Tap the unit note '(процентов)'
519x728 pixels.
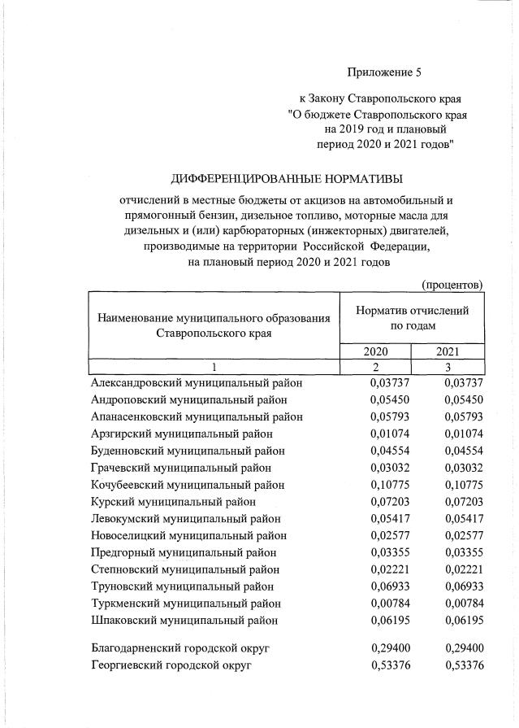pyautogui.click(x=452, y=284)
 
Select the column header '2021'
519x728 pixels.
pyautogui.click(x=448, y=351)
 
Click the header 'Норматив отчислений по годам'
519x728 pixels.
pyautogui.click(x=412, y=317)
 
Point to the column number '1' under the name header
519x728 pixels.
pyautogui.click(x=213, y=367)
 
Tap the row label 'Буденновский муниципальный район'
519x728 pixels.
pyautogui.click(x=188, y=451)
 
